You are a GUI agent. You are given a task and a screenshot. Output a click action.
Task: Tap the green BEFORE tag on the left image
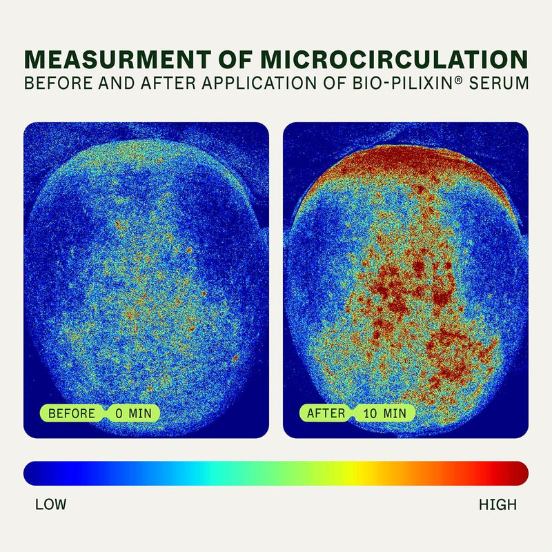71,413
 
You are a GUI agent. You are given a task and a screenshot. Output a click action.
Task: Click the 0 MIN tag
133,413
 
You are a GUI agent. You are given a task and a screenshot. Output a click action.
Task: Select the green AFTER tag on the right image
326,413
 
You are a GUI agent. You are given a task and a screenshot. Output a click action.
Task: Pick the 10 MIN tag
385,413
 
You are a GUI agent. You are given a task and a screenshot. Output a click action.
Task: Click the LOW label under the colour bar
50,504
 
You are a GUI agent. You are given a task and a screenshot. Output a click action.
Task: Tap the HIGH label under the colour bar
497,504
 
